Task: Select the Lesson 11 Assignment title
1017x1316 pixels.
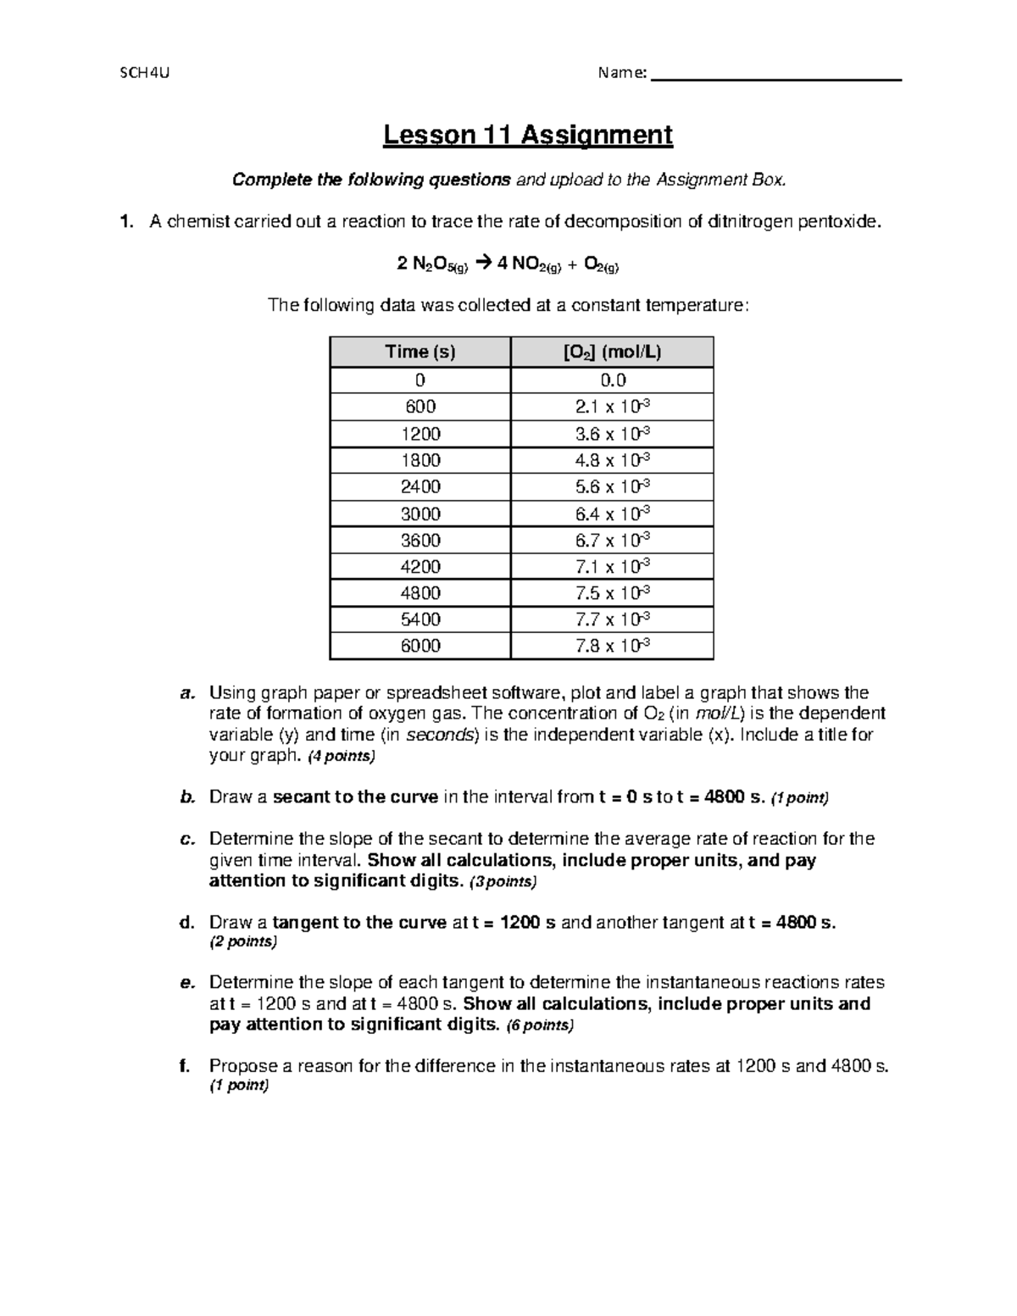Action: [527, 135]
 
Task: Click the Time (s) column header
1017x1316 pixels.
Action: [420, 353]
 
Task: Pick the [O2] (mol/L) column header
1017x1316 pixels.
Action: [612, 353]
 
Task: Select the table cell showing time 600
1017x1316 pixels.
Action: [420, 407]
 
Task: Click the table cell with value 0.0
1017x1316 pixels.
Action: [612, 380]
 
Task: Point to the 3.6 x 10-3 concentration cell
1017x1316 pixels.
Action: [612, 434]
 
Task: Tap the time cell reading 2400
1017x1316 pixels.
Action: [420, 487]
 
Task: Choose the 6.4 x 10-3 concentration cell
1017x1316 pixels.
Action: [612, 514]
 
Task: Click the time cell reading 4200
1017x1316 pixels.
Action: [420, 566]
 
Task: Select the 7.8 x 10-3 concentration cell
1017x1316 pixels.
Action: [612, 646]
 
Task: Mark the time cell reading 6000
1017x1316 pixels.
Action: [420, 646]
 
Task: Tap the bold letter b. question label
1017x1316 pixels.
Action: [187, 797]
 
